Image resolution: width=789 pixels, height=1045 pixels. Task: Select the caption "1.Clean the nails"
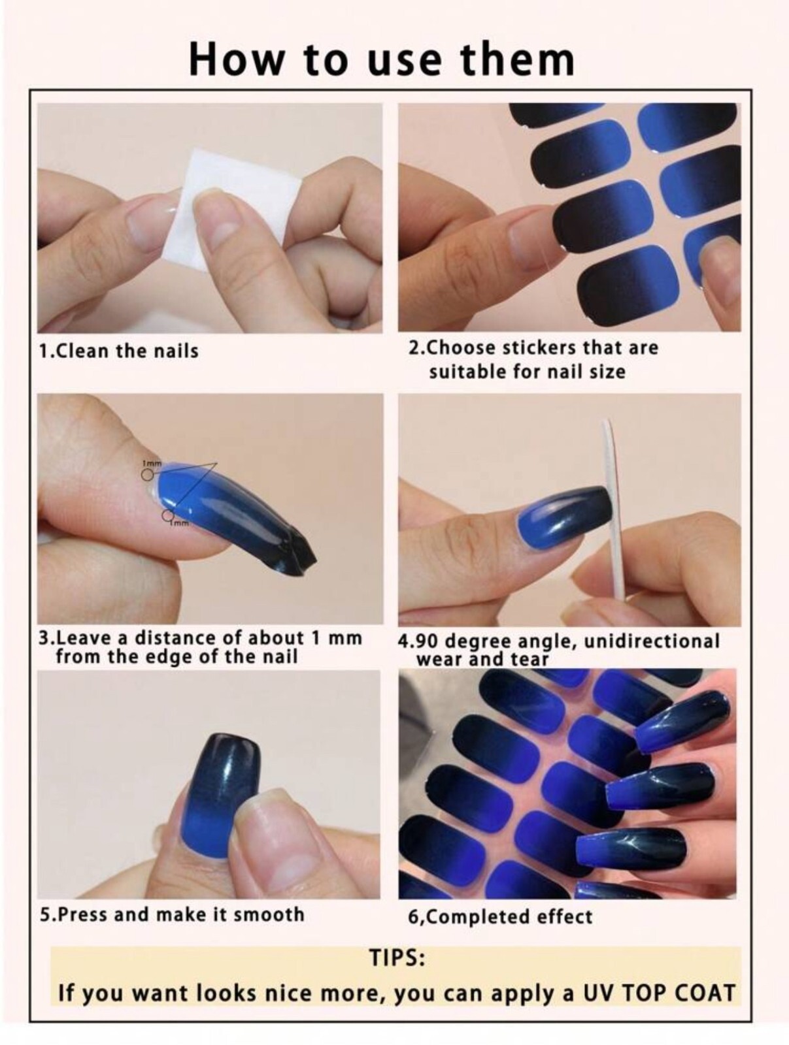(x=118, y=351)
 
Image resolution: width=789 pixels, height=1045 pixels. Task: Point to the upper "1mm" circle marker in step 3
(x=148, y=474)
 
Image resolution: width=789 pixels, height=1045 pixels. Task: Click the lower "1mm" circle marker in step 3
(x=168, y=515)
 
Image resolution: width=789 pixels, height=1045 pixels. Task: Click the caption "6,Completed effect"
(x=500, y=916)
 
